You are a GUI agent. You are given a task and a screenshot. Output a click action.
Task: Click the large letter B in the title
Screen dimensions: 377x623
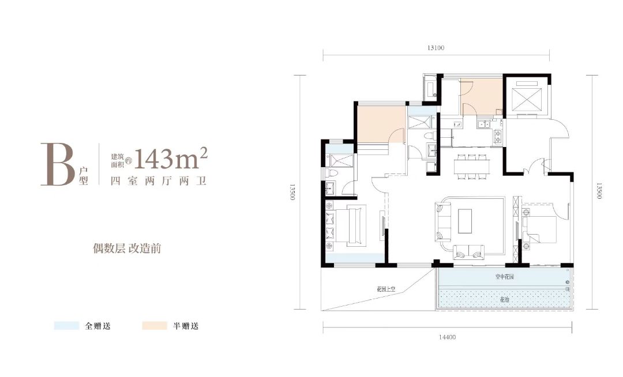coord(58,164)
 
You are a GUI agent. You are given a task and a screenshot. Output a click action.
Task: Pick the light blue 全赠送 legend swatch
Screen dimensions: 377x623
coord(66,326)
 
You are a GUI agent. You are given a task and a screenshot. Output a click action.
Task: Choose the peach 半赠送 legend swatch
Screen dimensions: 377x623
coord(155,326)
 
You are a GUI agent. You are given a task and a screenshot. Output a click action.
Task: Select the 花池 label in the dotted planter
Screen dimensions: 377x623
coord(505,299)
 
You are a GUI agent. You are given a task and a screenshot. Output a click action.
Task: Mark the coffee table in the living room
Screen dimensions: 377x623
coord(467,220)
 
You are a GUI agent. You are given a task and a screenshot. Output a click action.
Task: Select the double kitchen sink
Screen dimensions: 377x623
coord(483,124)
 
